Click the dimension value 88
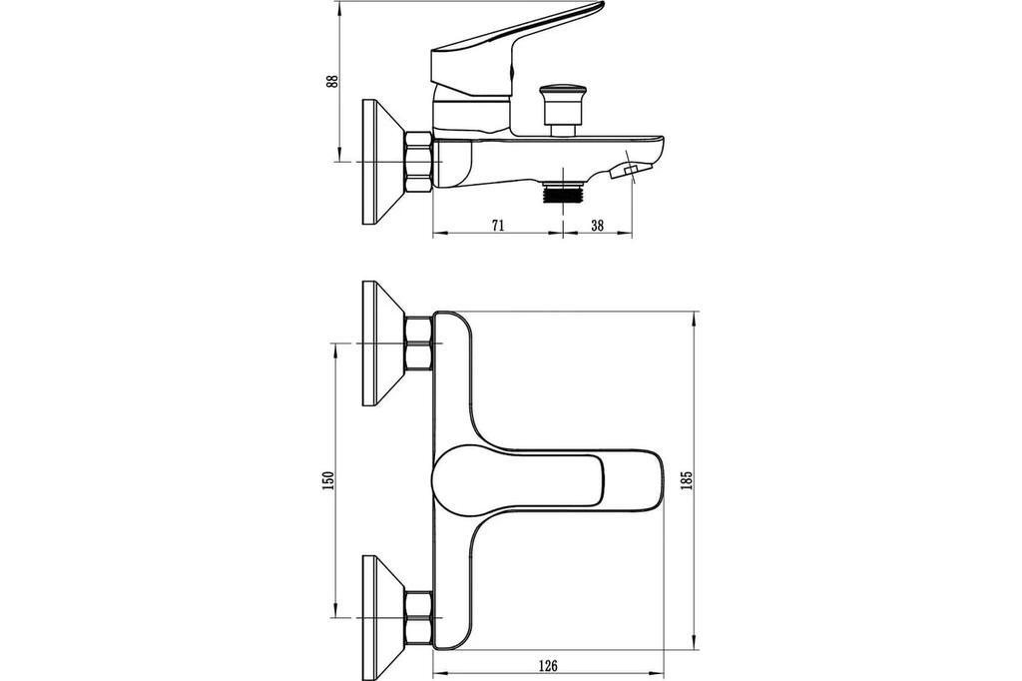coord(333,82)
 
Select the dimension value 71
coord(497,226)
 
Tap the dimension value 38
coord(597,226)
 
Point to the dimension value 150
coord(328,480)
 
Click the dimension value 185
coord(686,480)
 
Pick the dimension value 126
coord(548,665)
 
